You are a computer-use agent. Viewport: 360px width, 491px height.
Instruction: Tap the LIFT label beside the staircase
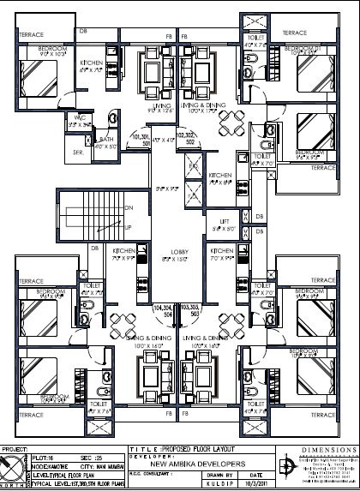(222, 221)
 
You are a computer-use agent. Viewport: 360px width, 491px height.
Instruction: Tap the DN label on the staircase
(129, 208)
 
